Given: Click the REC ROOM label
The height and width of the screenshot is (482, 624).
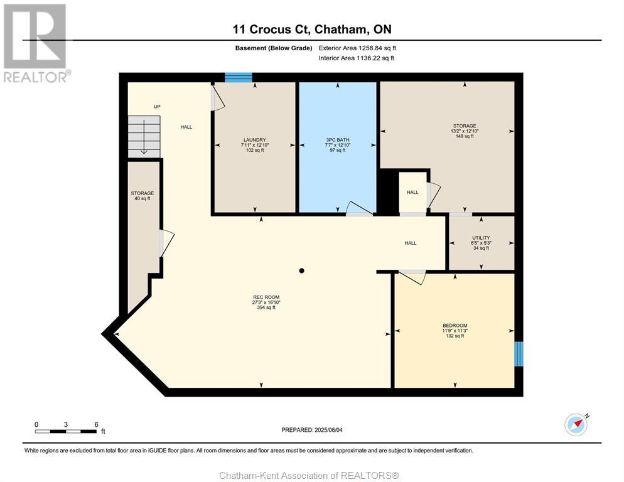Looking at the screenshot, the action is tap(266, 297).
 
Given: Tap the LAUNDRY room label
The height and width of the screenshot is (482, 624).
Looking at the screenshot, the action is tap(255, 140).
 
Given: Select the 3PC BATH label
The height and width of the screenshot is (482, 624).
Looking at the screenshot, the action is tap(338, 140).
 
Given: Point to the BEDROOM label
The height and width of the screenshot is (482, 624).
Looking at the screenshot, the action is tap(455, 325).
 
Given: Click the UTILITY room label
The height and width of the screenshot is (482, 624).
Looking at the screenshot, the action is tap(481, 238).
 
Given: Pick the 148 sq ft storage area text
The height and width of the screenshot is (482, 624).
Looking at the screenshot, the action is tap(465, 136).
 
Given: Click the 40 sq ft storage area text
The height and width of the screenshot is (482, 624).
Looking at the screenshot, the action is tap(143, 198).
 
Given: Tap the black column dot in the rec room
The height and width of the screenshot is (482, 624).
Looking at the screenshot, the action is tap(302, 270).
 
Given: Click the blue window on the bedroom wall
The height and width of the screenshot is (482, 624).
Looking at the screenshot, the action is tap(519, 354).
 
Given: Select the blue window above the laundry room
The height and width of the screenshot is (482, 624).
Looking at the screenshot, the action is tap(239, 77).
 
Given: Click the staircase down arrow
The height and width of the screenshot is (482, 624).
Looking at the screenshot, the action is tap(144, 137).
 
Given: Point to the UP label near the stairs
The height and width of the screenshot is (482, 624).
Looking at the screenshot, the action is tap(157, 107).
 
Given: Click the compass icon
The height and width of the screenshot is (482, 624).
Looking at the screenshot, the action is tap(576, 425).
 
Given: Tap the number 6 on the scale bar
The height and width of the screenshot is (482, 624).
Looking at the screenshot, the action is tap(96, 424).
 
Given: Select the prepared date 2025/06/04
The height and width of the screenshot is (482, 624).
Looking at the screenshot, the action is tap(328, 430).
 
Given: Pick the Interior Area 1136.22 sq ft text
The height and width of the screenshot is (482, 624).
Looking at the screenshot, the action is tap(356, 58).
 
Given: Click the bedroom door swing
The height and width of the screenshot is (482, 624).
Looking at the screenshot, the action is tap(412, 277).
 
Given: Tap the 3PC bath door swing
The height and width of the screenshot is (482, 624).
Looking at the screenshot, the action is tap(359, 208).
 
